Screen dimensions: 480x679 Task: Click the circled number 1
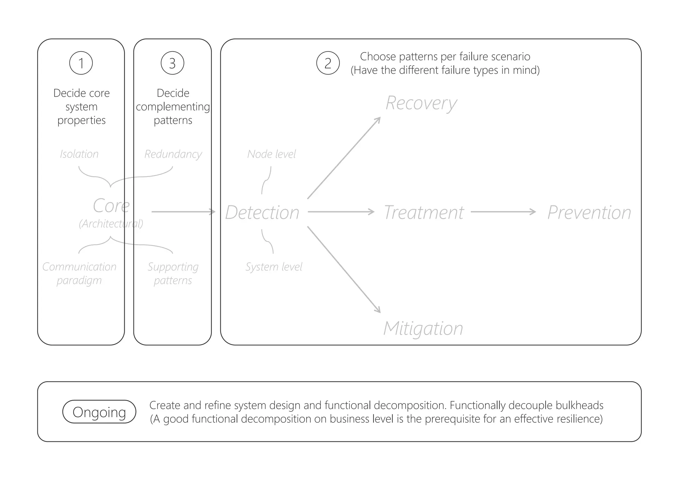click(x=81, y=63)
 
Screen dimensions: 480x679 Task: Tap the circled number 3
click(x=172, y=63)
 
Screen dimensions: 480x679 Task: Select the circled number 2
click(x=328, y=63)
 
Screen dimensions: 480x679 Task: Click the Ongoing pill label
click(x=99, y=412)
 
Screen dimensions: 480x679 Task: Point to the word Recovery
click(x=421, y=103)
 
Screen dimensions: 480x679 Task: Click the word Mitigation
click(x=423, y=328)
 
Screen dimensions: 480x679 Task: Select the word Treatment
click(x=423, y=212)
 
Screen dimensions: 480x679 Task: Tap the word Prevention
click(x=589, y=212)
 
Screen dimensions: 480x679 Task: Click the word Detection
click(x=262, y=212)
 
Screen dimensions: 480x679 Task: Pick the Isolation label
click(x=79, y=154)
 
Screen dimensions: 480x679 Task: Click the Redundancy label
click(x=173, y=154)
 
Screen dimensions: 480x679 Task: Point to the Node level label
click(x=272, y=154)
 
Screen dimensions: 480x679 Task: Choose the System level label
click(x=274, y=267)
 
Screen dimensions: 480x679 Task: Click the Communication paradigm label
click(x=79, y=273)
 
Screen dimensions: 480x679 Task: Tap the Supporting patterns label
click(x=173, y=273)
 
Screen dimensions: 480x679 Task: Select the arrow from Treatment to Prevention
click(x=503, y=212)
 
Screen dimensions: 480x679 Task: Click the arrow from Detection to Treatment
click(x=341, y=212)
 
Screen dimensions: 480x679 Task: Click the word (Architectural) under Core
click(x=111, y=224)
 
